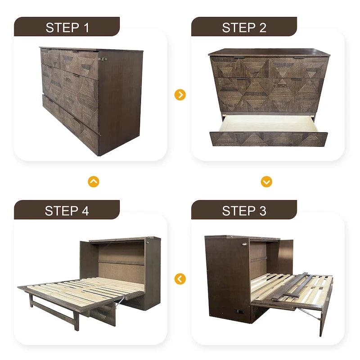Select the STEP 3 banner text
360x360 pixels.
244,210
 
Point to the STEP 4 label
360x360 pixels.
67,210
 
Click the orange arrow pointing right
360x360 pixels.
180,94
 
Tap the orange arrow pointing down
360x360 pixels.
266,182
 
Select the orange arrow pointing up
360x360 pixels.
94,182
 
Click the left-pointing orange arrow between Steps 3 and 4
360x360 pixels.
180,279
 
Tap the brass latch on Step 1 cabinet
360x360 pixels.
103,59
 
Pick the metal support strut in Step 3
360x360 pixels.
311,313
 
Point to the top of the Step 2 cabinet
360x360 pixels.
269,53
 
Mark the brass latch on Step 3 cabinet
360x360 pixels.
245,243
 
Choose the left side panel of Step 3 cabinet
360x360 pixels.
225,279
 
